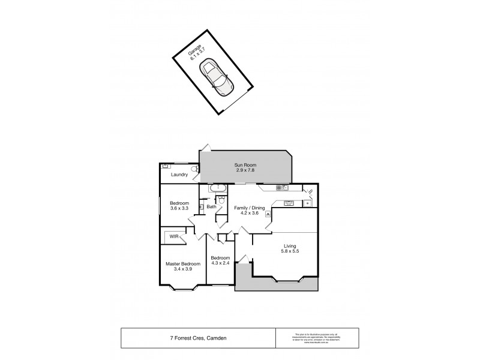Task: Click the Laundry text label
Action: pos(179,175)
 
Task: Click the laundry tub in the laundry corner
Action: pos(166,166)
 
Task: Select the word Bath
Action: pos(211,207)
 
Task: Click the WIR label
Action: pos(173,236)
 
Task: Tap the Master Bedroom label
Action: pos(183,266)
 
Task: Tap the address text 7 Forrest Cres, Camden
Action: pos(197,337)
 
